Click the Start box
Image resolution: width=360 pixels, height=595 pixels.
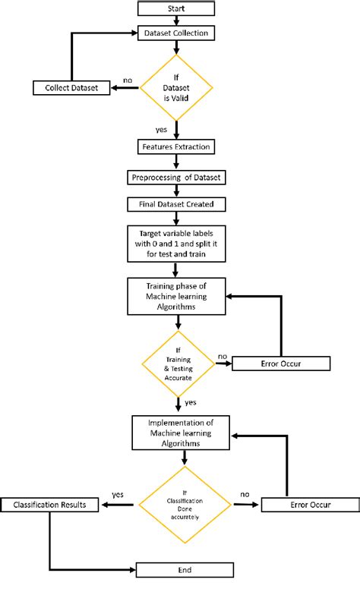click(x=176, y=8)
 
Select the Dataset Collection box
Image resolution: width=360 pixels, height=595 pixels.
click(x=176, y=33)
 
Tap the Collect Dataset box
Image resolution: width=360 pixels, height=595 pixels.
click(x=71, y=88)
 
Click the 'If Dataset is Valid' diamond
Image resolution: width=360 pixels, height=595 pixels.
click(x=176, y=88)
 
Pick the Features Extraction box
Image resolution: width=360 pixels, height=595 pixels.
click(x=176, y=146)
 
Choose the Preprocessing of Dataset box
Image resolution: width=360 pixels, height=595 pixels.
click(x=176, y=177)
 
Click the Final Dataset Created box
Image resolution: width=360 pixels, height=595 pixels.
click(x=176, y=204)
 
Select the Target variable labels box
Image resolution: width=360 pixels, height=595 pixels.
click(x=176, y=244)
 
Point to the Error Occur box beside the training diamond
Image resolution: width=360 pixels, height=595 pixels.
click(x=281, y=364)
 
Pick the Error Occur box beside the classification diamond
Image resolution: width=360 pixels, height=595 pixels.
click(x=309, y=505)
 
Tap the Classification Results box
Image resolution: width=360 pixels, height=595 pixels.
click(x=49, y=505)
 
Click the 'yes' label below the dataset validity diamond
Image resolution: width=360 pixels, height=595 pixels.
click(x=160, y=129)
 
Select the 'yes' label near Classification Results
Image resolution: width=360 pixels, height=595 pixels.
click(x=118, y=494)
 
